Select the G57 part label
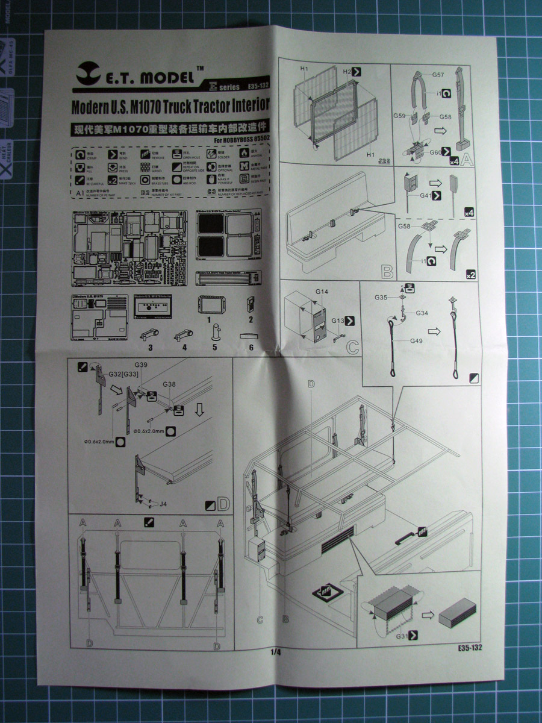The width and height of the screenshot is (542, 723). point(438,75)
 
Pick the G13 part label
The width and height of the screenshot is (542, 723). point(337,321)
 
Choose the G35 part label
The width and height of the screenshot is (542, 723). point(381,297)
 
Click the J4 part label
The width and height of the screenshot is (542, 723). point(163,504)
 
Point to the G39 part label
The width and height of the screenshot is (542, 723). point(141,365)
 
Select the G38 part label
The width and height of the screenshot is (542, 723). point(169,384)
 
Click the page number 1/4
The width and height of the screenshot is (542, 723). point(276,652)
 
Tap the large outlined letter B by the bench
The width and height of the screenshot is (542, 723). point(387,271)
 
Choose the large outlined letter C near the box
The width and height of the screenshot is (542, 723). point(352,348)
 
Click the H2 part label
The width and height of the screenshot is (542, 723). point(346,71)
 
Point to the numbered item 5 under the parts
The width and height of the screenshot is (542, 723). point(214,348)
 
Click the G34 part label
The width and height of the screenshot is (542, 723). point(422,313)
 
